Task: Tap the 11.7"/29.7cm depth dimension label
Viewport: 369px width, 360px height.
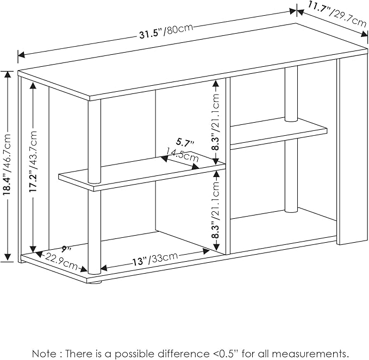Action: pyautogui.click(x=337, y=14)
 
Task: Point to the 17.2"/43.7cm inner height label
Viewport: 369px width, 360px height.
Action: pyautogui.click(x=33, y=162)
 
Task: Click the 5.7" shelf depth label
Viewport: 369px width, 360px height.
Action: pyautogui.click(x=185, y=143)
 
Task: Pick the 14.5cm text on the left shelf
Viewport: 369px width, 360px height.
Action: pyautogui.click(x=182, y=155)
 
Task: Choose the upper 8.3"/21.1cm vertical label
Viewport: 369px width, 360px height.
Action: pyautogui.click(x=216, y=122)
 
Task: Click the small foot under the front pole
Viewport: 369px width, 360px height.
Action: pyautogui.click(x=95, y=282)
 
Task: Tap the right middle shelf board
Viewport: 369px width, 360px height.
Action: pyautogui.click(x=278, y=131)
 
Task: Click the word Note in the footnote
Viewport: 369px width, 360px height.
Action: pyautogui.click(x=43, y=353)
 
